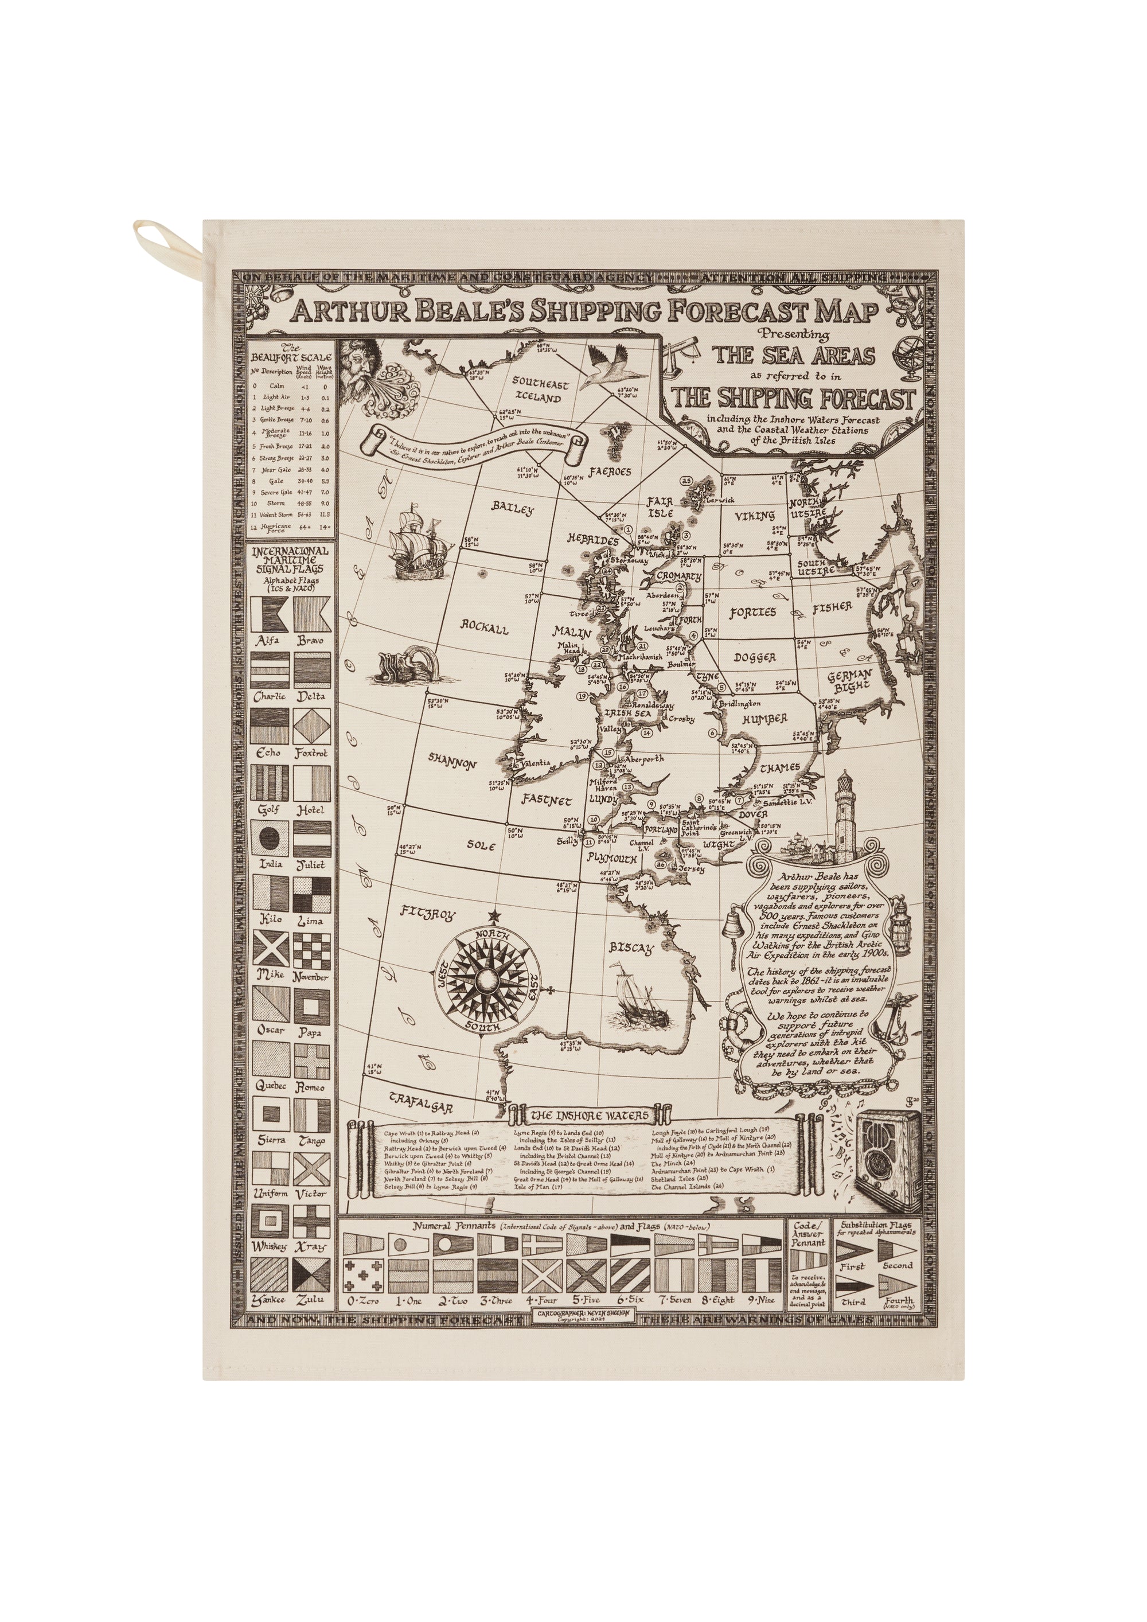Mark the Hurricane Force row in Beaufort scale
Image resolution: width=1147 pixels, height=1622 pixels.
pos(291,527)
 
